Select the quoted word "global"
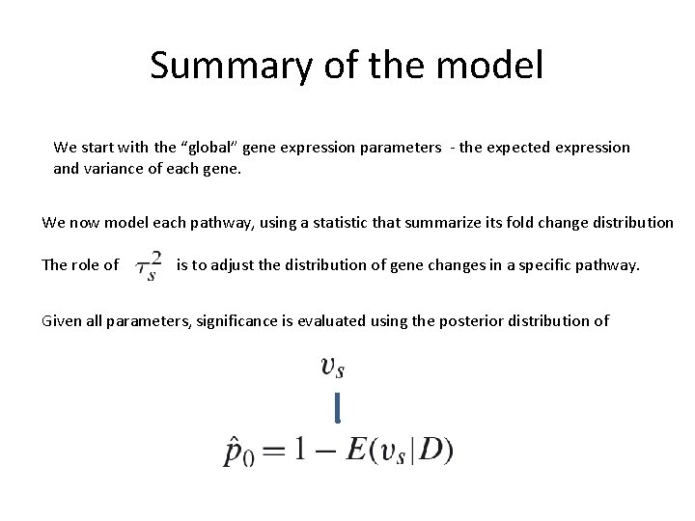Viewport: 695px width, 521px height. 204,148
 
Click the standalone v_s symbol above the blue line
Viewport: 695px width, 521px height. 333,367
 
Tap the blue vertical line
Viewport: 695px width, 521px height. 337,407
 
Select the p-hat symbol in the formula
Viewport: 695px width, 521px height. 235,451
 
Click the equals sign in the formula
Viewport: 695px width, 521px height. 276,450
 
